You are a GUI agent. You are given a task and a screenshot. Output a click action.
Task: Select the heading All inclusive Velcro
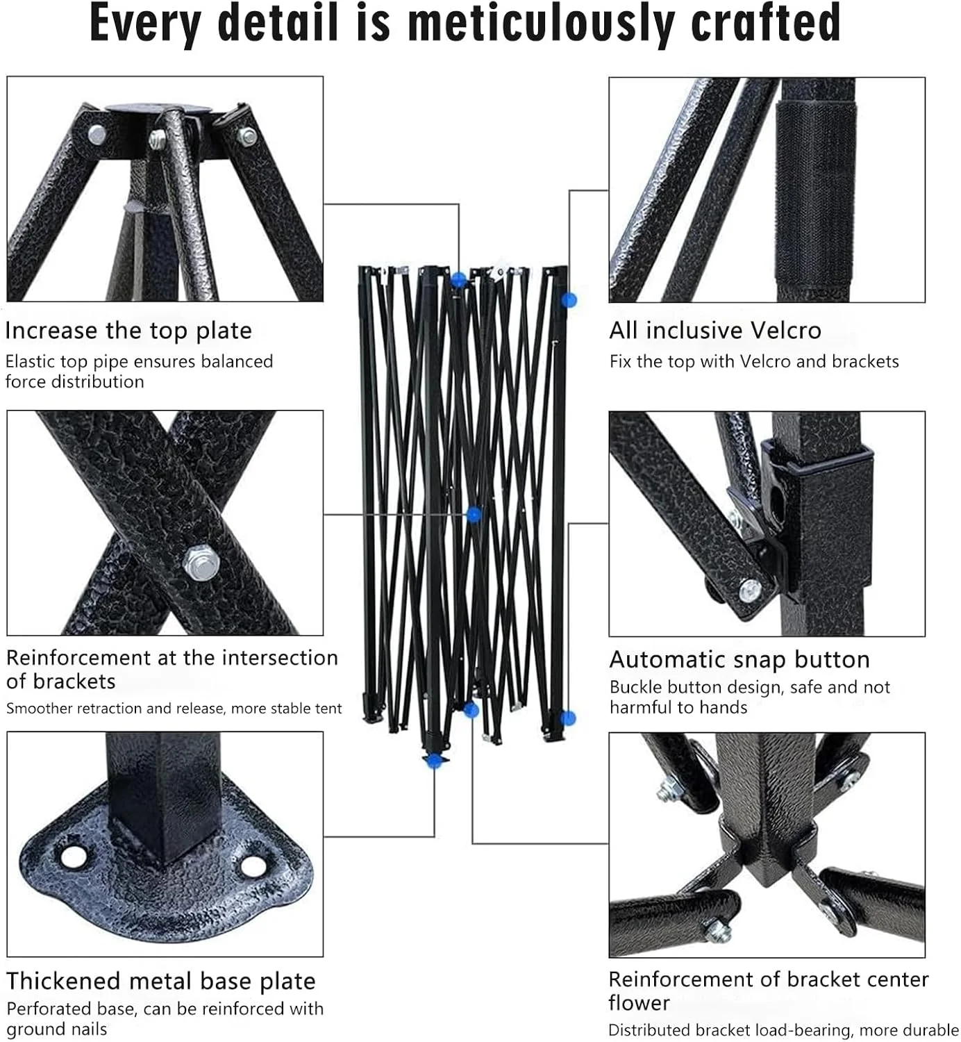coord(715,331)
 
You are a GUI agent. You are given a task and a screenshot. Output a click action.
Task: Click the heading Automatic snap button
coord(739,659)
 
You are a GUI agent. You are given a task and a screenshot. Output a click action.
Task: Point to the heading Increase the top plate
coord(128,331)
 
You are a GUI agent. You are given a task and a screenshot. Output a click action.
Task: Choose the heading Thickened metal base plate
coord(161,981)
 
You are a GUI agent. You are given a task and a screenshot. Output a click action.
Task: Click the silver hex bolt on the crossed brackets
coord(201,562)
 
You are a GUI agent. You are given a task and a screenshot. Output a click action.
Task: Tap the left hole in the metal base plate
coord(74,857)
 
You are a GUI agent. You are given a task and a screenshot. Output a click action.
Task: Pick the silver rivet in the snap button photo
coord(751,590)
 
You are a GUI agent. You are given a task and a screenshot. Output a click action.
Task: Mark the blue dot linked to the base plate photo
coord(434,760)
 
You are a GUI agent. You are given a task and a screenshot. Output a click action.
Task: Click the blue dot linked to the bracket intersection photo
coord(474,515)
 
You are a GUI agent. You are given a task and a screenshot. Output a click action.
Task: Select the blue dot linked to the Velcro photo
coord(569,300)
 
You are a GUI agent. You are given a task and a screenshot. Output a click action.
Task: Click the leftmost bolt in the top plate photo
coord(97,135)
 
